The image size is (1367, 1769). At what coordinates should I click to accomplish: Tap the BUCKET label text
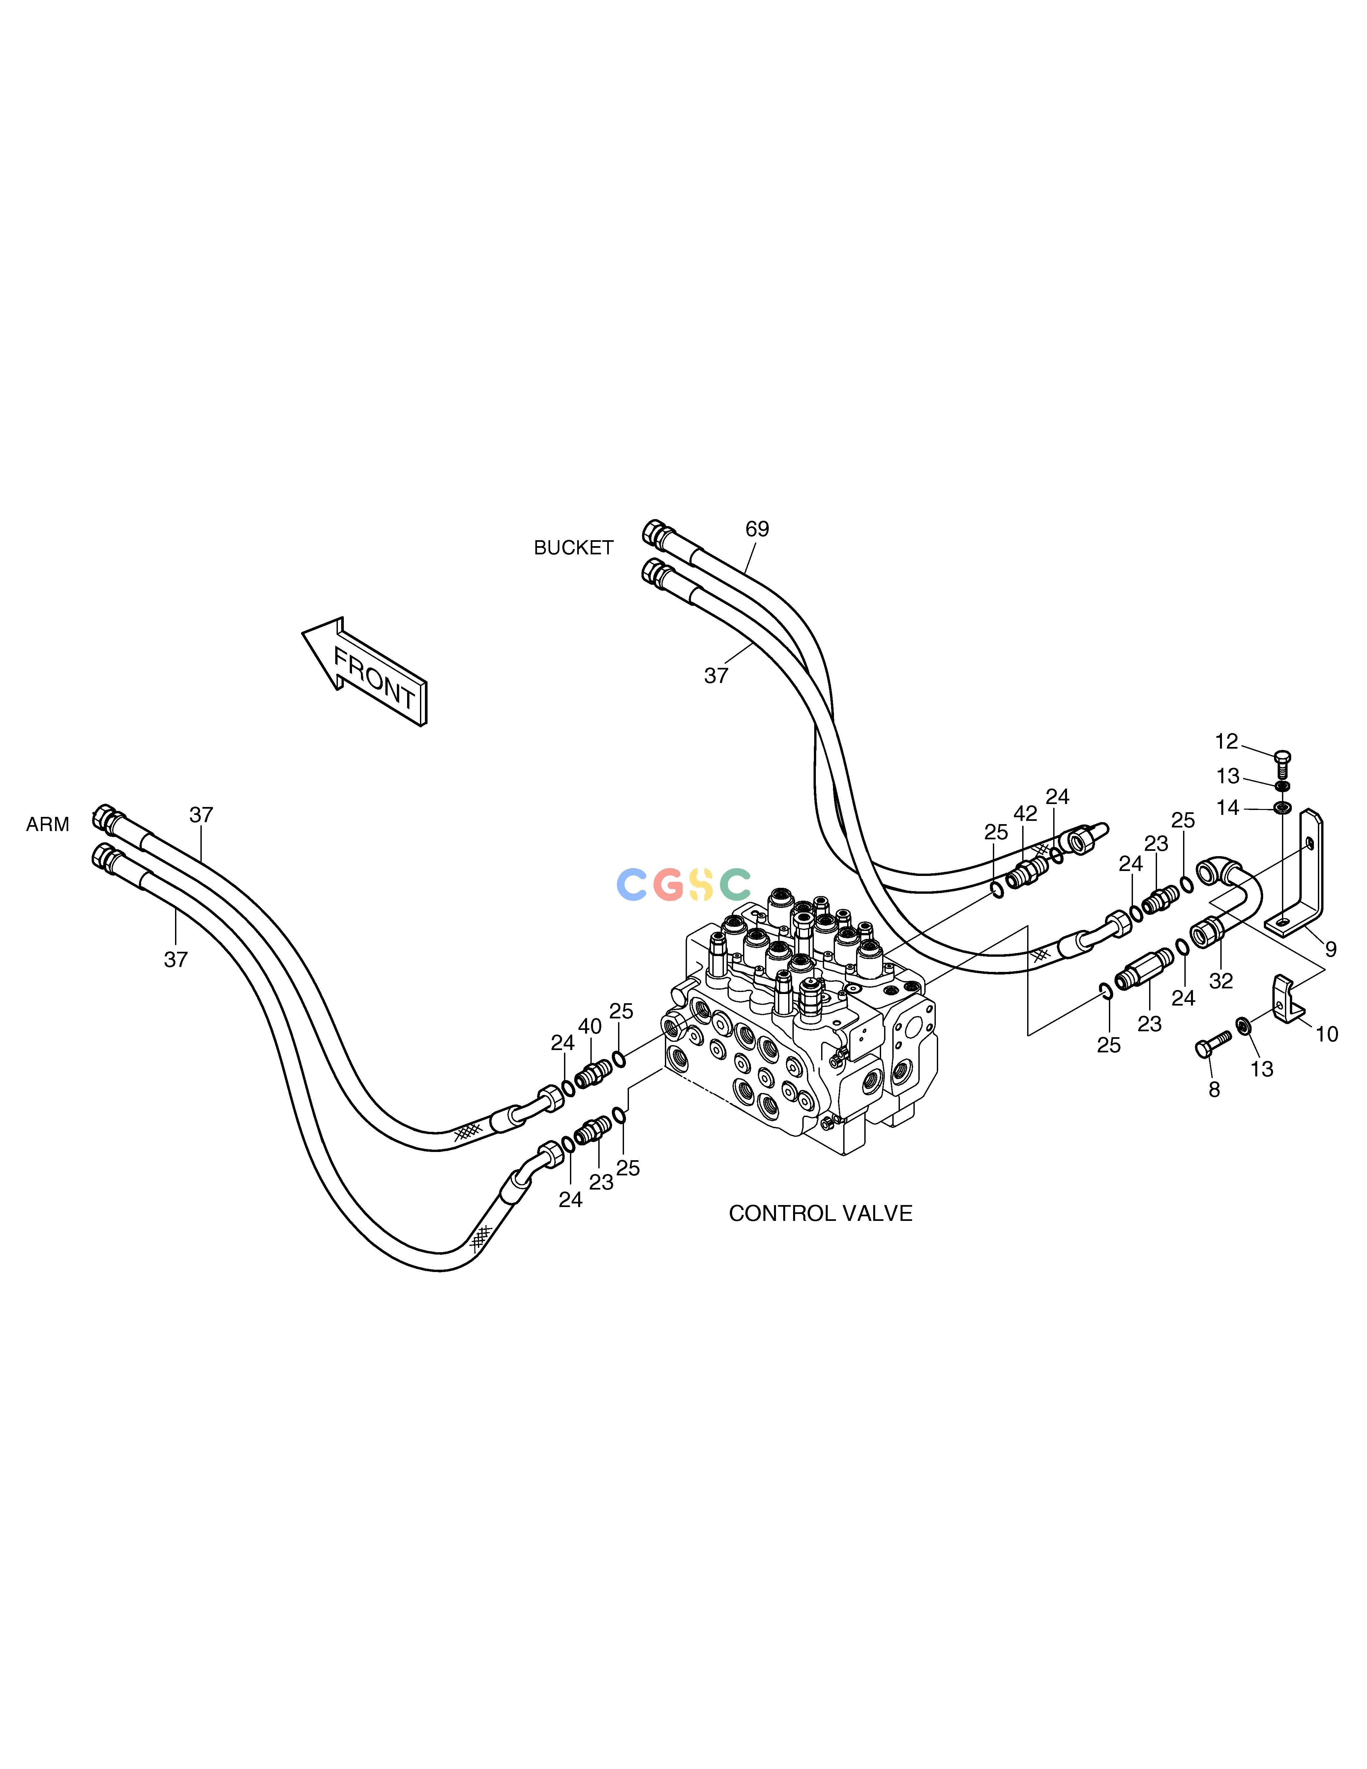tap(573, 548)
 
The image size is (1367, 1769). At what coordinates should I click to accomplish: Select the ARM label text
tap(48, 824)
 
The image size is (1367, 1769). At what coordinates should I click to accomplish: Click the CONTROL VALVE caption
tap(820, 1213)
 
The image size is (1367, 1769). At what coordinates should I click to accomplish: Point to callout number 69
tap(757, 529)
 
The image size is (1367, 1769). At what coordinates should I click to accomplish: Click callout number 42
tap(1025, 814)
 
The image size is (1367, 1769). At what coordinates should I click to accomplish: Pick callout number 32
tap(1221, 981)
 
